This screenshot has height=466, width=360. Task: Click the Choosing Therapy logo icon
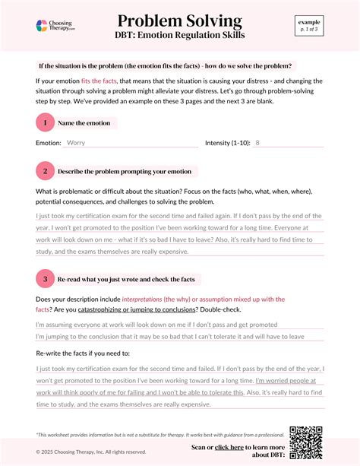pyautogui.click(x=42, y=26)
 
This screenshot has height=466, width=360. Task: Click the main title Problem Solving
pyautogui.click(x=180, y=21)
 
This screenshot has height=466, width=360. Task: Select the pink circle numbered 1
pyautogui.click(x=45, y=122)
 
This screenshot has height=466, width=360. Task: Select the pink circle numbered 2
pyautogui.click(x=45, y=171)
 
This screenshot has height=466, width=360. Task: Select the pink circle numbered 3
pyautogui.click(x=45, y=279)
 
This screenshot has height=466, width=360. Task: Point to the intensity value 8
pyautogui.click(x=257, y=142)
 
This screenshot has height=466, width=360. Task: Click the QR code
pyautogui.click(x=305, y=440)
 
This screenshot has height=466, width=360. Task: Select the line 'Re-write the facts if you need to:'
pyautogui.click(x=83, y=354)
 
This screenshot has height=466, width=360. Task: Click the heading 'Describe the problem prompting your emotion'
pyautogui.click(x=125, y=171)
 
